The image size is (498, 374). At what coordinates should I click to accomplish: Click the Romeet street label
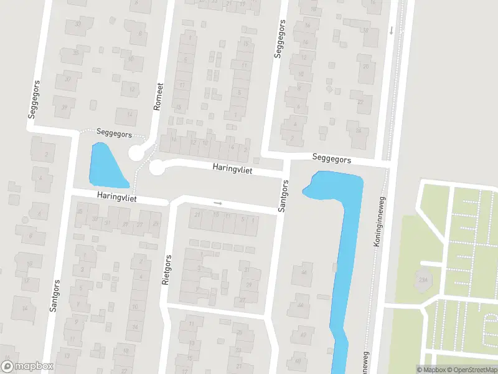pos(159,97)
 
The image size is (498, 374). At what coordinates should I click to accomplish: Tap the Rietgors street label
pos(166,270)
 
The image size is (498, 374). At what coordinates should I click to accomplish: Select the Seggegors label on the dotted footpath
pos(115,133)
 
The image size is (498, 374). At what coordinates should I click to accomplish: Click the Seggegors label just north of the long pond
pos(332,160)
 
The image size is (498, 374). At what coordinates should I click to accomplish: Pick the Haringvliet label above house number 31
pos(116,197)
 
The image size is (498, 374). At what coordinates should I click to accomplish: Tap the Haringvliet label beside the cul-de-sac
pos(232,168)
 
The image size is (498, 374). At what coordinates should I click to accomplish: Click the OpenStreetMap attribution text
pos(470,370)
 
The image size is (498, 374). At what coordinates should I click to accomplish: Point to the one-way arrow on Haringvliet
pos(217,203)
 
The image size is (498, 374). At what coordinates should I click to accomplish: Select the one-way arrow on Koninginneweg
pos(391,30)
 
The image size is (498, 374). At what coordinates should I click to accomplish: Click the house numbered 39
pos(65,107)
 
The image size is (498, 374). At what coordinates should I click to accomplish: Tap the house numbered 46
pos(304,272)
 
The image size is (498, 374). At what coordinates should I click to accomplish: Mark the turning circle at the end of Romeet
pos(136,153)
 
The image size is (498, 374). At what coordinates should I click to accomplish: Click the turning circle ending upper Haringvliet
pos(157,167)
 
